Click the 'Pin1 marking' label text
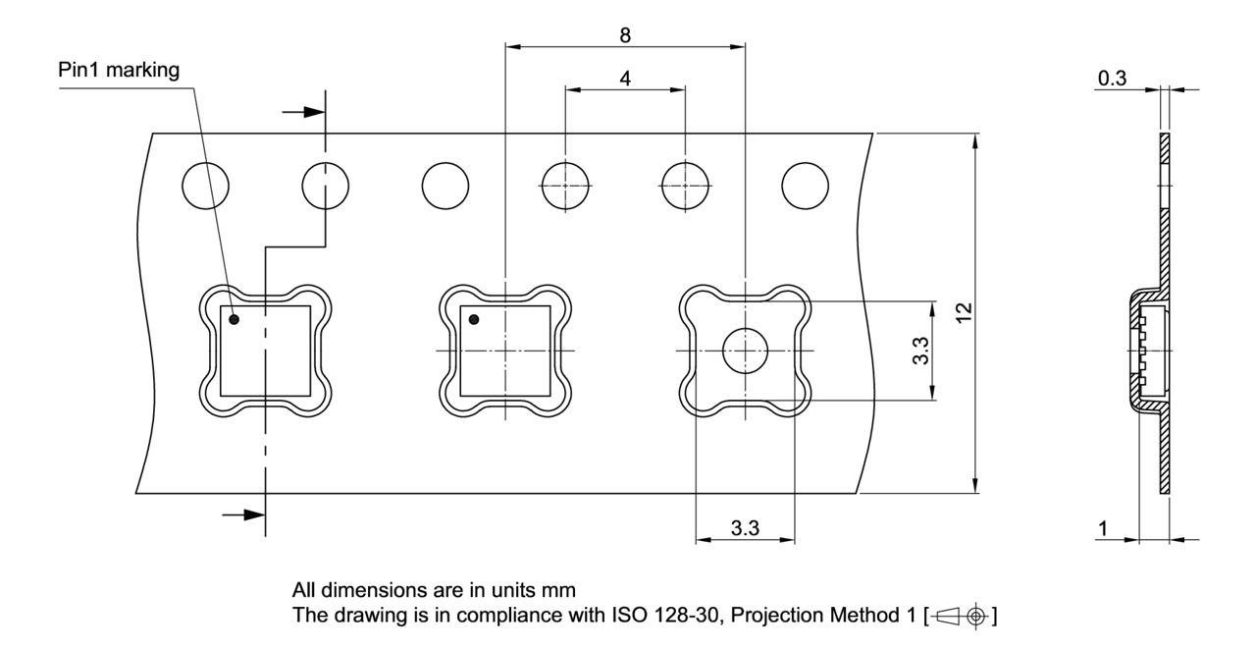[120, 72]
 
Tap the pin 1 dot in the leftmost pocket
[235, 319]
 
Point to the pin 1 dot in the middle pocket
[474, 319]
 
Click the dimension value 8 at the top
[625, 34]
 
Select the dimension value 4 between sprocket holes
[625, 79]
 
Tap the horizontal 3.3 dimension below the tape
[745, 529]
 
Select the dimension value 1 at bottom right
[1103, 528]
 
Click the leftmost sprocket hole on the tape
[205, 185]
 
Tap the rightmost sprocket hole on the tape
[805, 185]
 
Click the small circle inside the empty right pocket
[746, 351]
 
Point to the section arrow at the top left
[303, 112]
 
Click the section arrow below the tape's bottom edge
[242, 514]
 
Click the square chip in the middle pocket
[504, 351]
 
